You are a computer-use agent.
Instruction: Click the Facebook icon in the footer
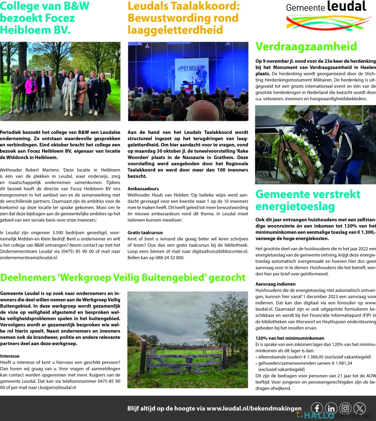317,408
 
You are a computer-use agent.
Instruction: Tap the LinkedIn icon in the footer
331,408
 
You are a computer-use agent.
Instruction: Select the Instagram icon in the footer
345,408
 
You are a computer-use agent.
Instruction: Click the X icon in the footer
360,408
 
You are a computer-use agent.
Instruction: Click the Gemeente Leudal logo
326,16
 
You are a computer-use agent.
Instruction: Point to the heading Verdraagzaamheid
306,46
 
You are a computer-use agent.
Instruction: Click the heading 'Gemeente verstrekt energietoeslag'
308,200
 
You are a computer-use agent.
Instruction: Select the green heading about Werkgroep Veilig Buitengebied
123,278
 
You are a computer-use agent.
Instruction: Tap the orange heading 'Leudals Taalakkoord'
183,18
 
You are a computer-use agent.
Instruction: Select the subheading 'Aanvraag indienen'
276,284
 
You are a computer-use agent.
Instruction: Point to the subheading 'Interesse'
10,356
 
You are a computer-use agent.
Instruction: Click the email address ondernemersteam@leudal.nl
29,257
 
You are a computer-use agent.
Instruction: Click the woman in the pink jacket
31,91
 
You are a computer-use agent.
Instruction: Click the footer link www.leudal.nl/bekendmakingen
254,408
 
